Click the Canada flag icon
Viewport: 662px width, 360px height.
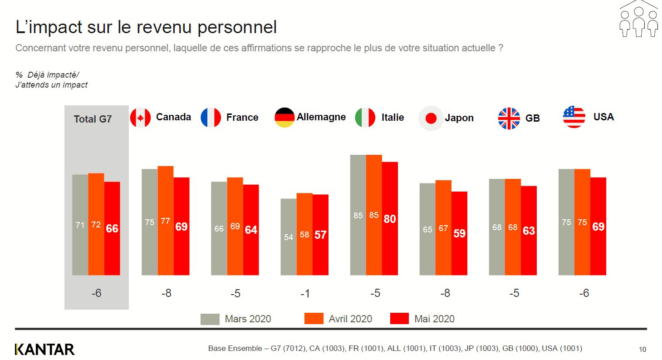pos(140,118)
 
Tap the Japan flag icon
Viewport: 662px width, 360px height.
pos(431,118)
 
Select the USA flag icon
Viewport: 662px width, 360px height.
pos(574,117)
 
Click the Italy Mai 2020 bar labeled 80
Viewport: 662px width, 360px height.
pos(390,218)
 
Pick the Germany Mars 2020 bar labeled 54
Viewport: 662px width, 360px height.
pos(289,237)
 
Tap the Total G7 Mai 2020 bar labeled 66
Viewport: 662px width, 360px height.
pos(112,228)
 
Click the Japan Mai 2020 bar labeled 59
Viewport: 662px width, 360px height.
pos(459,233)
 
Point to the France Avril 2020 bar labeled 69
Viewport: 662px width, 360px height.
pos(235,226)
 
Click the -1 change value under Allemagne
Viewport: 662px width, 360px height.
pos(305,294)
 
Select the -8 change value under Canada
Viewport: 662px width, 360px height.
pos(167,293)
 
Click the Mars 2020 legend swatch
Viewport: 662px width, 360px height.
pos(210,319)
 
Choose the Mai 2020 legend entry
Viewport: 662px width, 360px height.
pos(434,319)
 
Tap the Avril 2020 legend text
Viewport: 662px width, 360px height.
pos(350,319)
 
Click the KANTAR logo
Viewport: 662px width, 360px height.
pos(44,349)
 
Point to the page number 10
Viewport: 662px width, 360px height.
pos(642,350)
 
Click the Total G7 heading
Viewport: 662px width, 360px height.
pos(93,119)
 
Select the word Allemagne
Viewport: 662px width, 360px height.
pos(321,117)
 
